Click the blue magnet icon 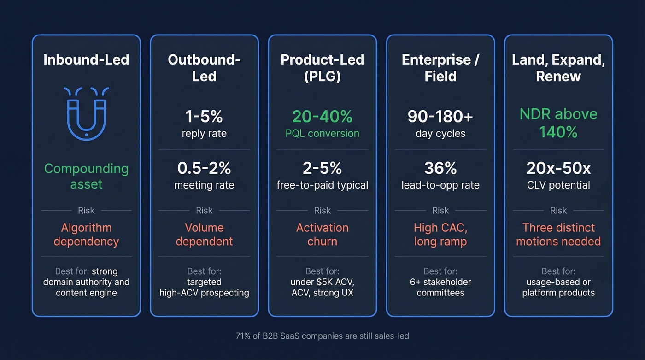coord(86,112)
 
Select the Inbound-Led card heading coord(86,60)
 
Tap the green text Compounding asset coord(86,176)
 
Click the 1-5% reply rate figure coord(204,117)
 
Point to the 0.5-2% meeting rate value coord(204,168)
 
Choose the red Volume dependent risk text coord(204,234)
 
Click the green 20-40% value coord(322,117)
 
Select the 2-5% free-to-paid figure coord(322,168)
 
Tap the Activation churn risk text coord(322,234)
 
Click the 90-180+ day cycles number coord(440,117)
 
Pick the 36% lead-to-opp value coord(440,168)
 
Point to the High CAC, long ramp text coord(440,234)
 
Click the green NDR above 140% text coord(558,123)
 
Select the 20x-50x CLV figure coord(558,168)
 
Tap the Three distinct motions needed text coord(558,234)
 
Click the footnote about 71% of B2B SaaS coord(322,336)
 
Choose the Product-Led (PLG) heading coord(322,68)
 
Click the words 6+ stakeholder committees coord(440,287)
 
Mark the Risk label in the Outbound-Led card coord(204,211)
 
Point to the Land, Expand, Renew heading coord(558,68)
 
